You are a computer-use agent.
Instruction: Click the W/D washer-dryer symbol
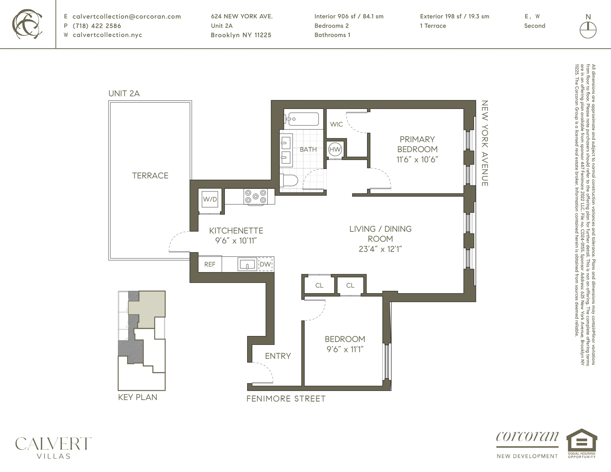(x=210, y=199)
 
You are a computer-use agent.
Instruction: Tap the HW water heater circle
(x=335, y=149)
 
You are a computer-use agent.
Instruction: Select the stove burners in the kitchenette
(x=255, y=196)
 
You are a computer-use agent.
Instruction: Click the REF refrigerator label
(x=210, y=264)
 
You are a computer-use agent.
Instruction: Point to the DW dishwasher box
(x=265, y=264)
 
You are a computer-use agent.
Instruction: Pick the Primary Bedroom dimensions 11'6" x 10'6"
(x=417, y=160)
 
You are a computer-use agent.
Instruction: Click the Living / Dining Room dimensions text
(x=380, y=249)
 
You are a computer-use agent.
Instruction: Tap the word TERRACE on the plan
(x=150, y=176)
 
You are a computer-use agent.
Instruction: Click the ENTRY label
(x=278, y=356)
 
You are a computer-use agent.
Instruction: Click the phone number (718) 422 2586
(x=97, y=26)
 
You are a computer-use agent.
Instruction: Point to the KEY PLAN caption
(x=138, y=397)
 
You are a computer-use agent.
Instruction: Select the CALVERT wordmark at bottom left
(x=53, y=444)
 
